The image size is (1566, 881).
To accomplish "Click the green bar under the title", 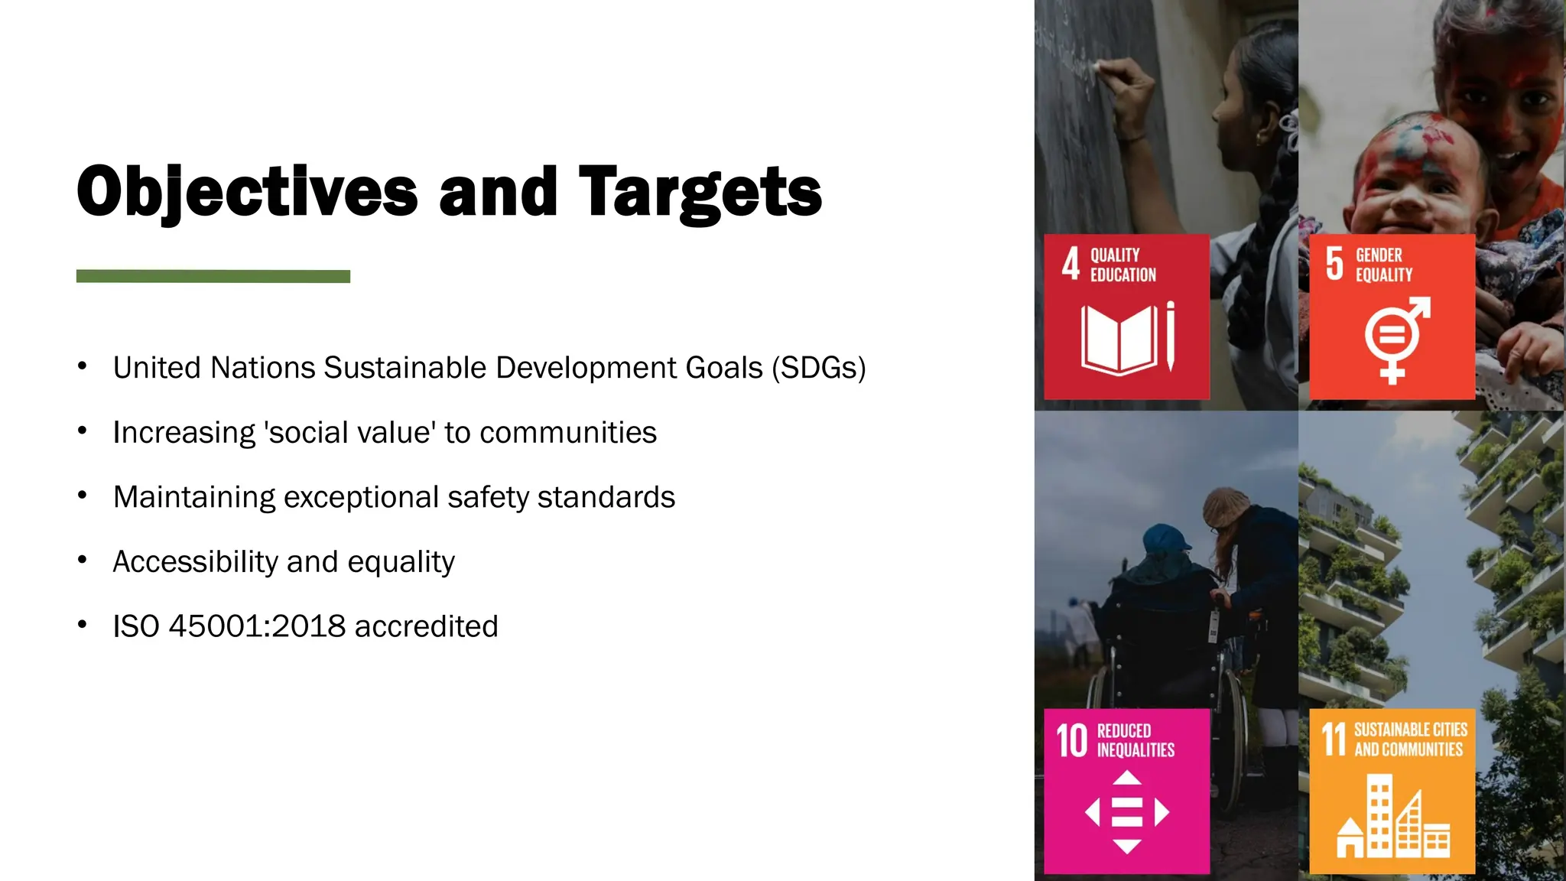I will (x=213, y=276).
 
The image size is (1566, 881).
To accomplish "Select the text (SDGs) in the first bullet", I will (x=818, y=368).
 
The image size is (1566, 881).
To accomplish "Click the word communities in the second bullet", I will (x=568, y=433).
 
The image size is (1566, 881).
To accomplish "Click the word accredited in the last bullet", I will (x=426, y=626).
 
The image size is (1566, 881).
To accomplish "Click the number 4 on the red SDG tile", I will (x=1071, y=264).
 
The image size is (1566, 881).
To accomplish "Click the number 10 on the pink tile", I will (x=1071, y=740).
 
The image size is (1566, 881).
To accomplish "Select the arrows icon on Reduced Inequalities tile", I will (x=1126, y=811).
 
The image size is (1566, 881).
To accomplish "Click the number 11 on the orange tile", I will (x=1334, y=740).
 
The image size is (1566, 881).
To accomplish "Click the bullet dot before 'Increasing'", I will (x=82, y=431).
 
